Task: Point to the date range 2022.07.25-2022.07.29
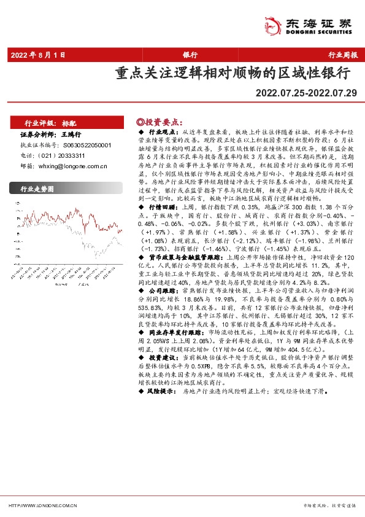point(308,93)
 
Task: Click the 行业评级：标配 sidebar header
point(50,123)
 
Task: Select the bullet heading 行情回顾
point(163,208)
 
